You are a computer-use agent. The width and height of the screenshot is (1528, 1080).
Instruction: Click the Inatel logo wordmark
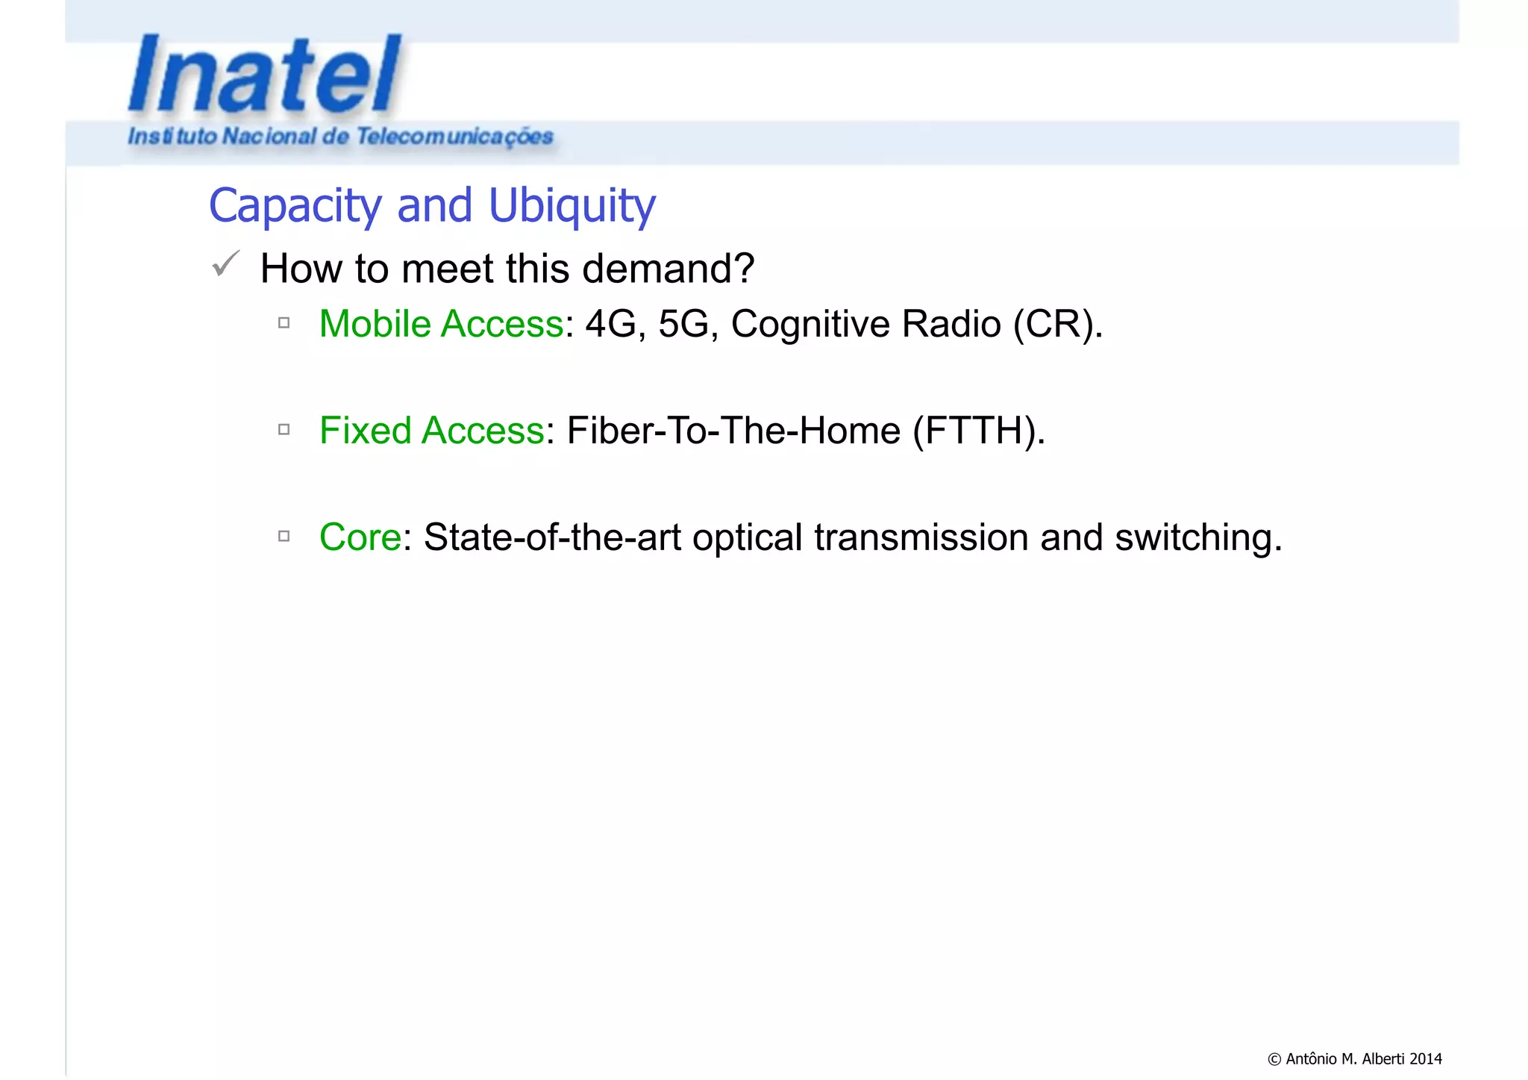click(265, 75)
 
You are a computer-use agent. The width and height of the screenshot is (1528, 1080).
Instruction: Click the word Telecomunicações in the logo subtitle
click(454, 137)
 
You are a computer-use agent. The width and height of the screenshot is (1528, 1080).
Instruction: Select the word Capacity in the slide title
click(295, 206)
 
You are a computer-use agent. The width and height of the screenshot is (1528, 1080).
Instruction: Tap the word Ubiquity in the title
click(572, 206)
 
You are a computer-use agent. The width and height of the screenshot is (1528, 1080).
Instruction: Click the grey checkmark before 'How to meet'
click(225, 263)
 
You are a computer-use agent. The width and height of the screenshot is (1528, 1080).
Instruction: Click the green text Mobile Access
click(441, 324)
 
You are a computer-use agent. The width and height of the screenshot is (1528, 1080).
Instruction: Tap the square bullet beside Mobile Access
click(284, 323)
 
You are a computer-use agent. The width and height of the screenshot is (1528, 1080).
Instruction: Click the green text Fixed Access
click(432, 431)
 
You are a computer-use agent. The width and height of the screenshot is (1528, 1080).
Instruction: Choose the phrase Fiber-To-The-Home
click(733, 431)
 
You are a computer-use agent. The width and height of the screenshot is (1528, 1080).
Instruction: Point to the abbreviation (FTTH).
click(978, 431)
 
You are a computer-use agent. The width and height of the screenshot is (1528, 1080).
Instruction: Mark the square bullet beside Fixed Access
click(284, 429)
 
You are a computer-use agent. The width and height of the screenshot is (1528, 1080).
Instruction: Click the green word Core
click(360, 537)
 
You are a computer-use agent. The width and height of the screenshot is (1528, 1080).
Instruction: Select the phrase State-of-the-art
click(552, 537)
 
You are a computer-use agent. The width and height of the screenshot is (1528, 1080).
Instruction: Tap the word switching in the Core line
click(1197, 537)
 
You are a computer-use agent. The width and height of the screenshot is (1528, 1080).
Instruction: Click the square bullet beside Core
click(284, 536)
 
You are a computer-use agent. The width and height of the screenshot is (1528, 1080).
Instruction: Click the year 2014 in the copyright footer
click(1426, 1058)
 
